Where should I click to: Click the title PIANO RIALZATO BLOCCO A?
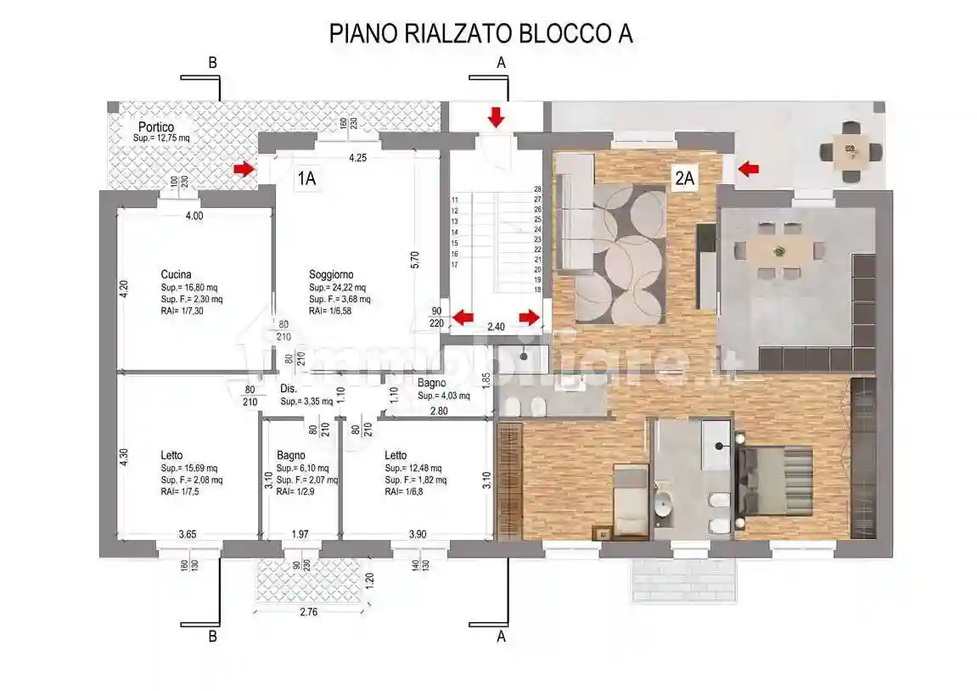point(480,34)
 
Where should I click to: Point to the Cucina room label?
point(176,274)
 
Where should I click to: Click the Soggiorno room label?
point(331,274)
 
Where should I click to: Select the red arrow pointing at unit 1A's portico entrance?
point(244,169)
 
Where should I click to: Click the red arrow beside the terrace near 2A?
point(748,169)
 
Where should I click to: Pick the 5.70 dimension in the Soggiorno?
point(414,259)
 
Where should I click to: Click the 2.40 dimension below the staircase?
point(496,326)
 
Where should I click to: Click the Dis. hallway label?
point(288,389)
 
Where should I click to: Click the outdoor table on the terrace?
point(851,152)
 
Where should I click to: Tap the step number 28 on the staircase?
point(537,189)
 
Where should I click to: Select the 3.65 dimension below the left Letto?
point(188,534)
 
